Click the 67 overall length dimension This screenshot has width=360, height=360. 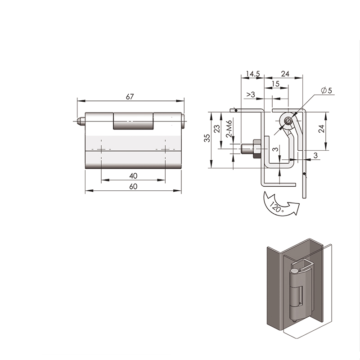(x=130, y=97)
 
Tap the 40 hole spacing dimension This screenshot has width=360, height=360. (x=133, y=176)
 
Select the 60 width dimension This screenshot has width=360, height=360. (x=133, y=186)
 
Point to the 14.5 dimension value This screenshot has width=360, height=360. (x=253, y=74)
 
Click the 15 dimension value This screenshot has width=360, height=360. (x=275, y=84)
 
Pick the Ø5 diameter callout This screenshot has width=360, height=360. (x=327, y=90)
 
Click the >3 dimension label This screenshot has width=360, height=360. (x=251, y=94)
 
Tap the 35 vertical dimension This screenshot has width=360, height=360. (x=207, y=138)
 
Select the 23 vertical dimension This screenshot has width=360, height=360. (x=217, y=129)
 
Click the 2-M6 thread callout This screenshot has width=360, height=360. (x=229, y=129)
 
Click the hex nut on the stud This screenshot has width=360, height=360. (x=256, y=149)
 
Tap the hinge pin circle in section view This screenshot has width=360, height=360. (x=288, y=121)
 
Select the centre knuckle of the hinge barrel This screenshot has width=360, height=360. (x=133, y=121)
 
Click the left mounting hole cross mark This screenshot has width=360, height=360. (x=101, y=149)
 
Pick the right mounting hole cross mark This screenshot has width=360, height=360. (x=165, y=149)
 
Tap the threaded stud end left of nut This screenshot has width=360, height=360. (x=247, y=149)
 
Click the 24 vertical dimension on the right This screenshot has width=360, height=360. (x=321, y=129)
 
